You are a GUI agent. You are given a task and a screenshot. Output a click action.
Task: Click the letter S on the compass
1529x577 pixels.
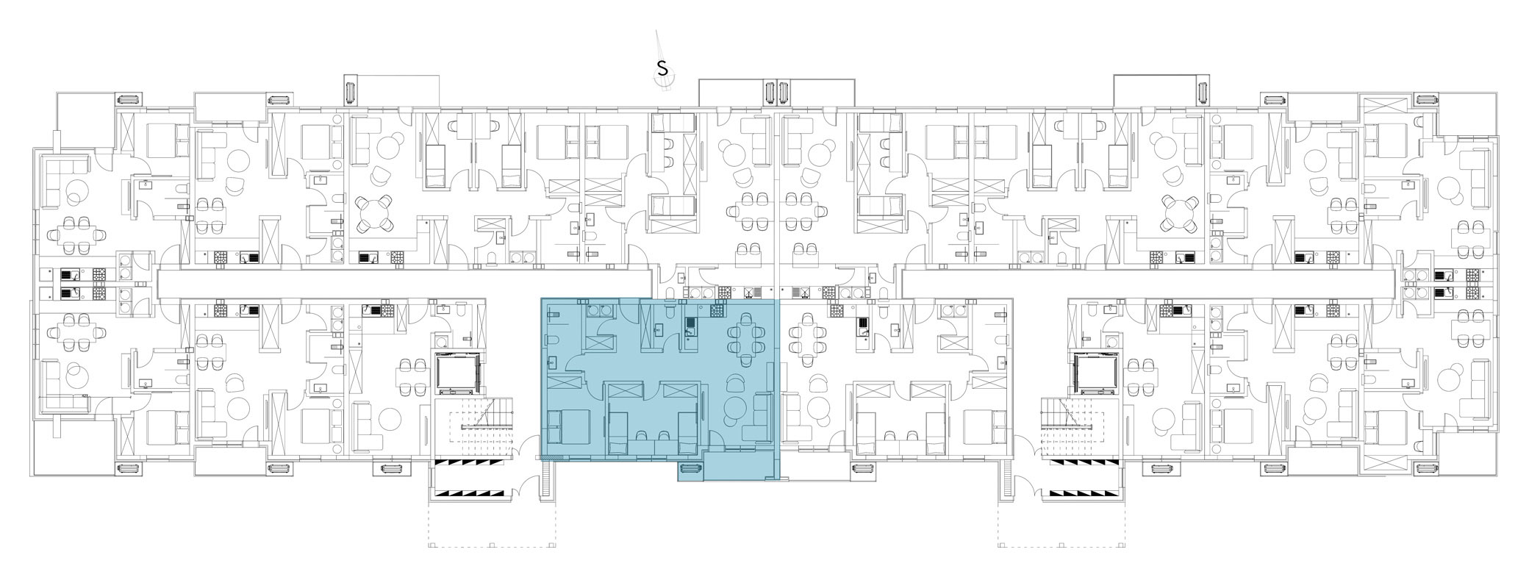tap(662, 68)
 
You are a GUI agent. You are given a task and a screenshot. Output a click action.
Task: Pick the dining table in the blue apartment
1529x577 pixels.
tap(744, 339)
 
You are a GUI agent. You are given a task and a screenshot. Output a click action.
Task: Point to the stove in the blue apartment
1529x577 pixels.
tap(717, 311)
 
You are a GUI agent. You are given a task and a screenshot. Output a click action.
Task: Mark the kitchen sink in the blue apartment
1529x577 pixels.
tap(690, 325)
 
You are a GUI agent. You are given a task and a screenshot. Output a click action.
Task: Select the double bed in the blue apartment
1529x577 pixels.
tap(562, 427)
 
